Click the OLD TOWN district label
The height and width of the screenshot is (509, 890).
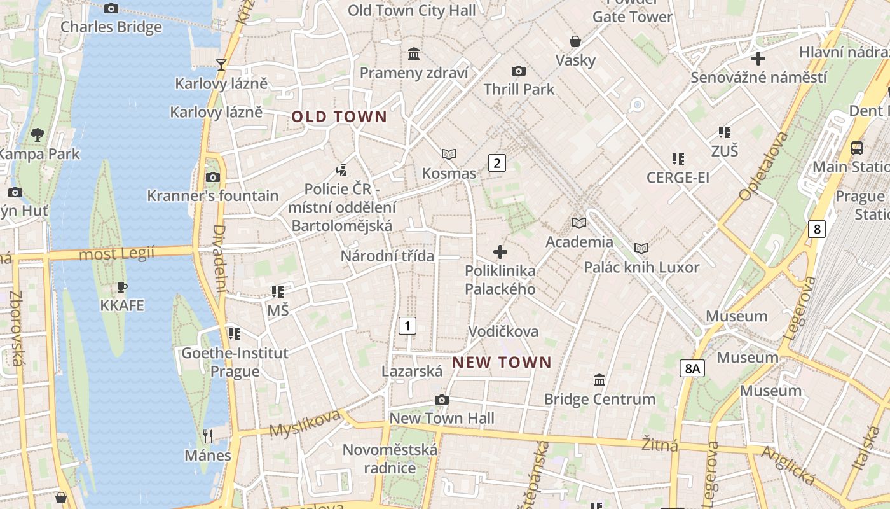click(339, 116)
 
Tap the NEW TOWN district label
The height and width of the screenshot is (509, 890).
click(502, 363)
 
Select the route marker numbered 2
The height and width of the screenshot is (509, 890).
click(496, 163)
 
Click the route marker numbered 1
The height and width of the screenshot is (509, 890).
click(407, 326)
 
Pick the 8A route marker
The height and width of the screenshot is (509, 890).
click(692, 368)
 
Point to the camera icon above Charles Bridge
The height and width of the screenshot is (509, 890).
click(111, 8)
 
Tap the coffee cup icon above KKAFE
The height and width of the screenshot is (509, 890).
click(122, 287)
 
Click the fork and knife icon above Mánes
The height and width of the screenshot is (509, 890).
click(207, 436)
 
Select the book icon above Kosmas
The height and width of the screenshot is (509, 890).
click(449, 154)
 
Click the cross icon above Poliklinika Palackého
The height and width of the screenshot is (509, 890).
click(500, 252)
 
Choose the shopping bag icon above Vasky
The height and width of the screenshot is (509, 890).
click(575, 41)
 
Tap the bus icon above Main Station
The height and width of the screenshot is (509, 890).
click(857, 148)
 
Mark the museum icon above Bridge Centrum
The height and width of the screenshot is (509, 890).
click(599, 380)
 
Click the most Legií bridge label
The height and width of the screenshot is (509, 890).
click(117, 254)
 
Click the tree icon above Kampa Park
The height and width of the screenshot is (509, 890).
click(38, 134)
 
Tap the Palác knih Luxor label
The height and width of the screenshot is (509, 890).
click(641, 267)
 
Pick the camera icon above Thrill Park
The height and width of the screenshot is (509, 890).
click(519, 71)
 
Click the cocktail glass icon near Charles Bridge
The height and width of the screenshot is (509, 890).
click(221, 64)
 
